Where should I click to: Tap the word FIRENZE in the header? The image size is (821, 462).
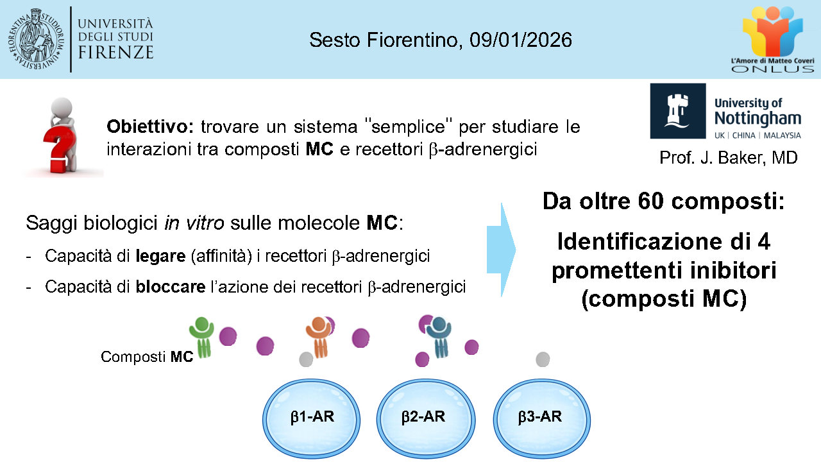click(x=116, y=53)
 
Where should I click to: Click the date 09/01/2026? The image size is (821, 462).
click(x=520, y=40)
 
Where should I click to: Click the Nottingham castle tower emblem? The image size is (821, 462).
click(x=678, y=111)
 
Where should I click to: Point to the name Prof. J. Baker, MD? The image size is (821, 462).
click(x=729, y=158)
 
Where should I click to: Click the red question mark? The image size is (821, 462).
click(x=60, y=152)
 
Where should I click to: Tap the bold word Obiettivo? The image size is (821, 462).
click(x=150, y=126)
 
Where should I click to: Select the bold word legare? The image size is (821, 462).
click(x=160, y=256)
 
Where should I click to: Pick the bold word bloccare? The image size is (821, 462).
click(x=171, y=287)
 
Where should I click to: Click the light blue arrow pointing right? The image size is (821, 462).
click(x=501, y=250)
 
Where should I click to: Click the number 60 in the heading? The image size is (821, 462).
click(x=650, y=201)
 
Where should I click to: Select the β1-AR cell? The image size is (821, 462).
click(x=311, y=419)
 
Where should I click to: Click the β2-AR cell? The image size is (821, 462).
click(x=426, y=419)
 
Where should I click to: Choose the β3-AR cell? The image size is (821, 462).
click(x=542, y=419)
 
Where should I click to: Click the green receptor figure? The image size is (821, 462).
click(x=202, y=338)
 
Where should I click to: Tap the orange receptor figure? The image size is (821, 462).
click(x=319, y=338)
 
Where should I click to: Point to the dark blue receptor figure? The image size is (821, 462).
click(x=439, y=338)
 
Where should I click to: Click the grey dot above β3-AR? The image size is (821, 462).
click(x=543, y=359)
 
